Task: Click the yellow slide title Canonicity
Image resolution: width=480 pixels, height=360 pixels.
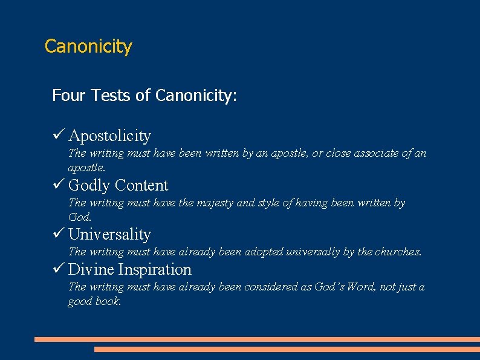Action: click(88, 47)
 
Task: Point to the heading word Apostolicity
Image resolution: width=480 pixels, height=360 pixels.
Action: click(109, 136)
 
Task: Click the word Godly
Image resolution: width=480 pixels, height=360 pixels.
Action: click(89, 185)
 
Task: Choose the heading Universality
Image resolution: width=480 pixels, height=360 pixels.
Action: click(109, 234)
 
